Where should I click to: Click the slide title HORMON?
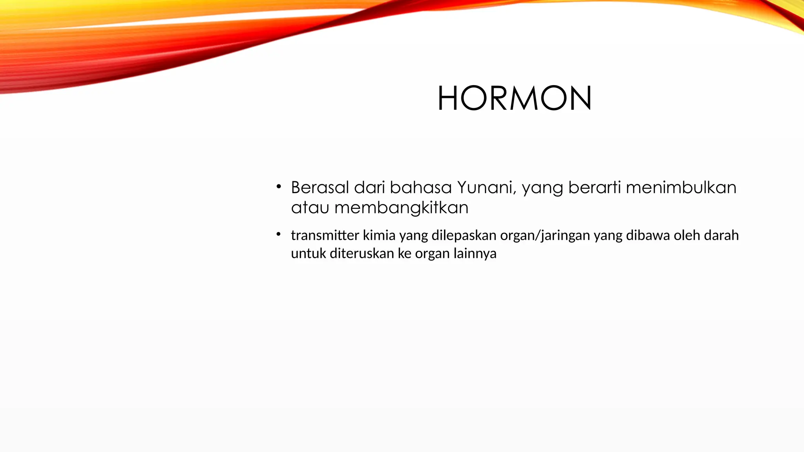click(514, 98)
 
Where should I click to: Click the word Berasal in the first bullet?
click(320, 188)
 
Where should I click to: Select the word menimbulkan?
click(681, 188)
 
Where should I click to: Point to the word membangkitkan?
click(401, 208)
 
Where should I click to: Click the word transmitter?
click(325, 235)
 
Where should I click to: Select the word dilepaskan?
click(464, 235)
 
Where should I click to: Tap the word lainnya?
click(475, 253)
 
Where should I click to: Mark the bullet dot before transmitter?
click(278, 234)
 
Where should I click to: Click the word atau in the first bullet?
click(310, 208)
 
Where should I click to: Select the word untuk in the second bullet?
click(308, 253)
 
